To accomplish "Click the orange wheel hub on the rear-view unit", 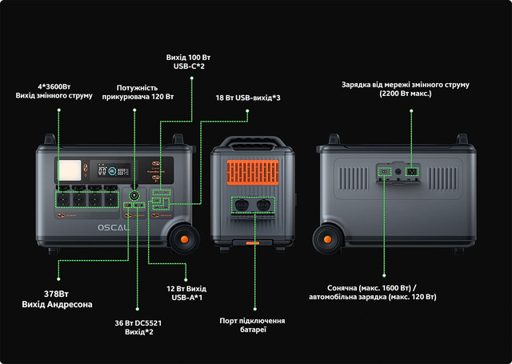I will coord(327,237).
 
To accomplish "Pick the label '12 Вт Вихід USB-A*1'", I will coord(186,292).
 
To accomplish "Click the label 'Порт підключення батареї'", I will coord(253,326).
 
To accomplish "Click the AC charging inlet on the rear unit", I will coord(413,171).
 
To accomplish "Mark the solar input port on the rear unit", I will coord(384,171).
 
